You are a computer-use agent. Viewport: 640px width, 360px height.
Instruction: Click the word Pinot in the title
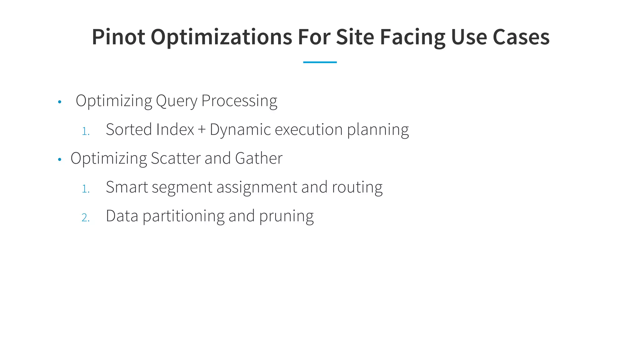(x=118, y=37)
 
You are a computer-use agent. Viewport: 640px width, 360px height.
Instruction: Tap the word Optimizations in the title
(x=221, y=37)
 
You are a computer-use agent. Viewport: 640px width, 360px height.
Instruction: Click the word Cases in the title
(x=521, y=37)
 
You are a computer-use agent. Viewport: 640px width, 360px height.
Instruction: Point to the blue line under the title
(x=320, y=62)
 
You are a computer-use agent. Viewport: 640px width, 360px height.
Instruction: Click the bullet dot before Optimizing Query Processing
(x=60, y=102)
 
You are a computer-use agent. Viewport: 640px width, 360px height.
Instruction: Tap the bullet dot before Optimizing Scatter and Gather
(x=60, y=160)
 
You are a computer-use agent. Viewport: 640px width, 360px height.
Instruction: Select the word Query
(x=177, y=101)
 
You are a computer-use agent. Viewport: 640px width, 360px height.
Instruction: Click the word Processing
(x=239, y=101)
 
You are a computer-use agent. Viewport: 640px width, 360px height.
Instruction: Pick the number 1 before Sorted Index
(x=85, y=131)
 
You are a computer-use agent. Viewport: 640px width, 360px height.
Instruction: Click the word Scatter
(x=176, y=158)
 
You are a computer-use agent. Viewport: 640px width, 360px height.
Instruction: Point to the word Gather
(x=258, y=158)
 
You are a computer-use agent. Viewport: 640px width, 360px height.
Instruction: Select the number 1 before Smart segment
(x=85, y=189)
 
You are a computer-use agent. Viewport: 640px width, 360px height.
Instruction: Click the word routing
(x=357, y=187)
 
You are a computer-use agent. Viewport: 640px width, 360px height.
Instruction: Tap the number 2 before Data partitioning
(x=85, y=217)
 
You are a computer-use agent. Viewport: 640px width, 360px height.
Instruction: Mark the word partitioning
(x=183, y=216)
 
